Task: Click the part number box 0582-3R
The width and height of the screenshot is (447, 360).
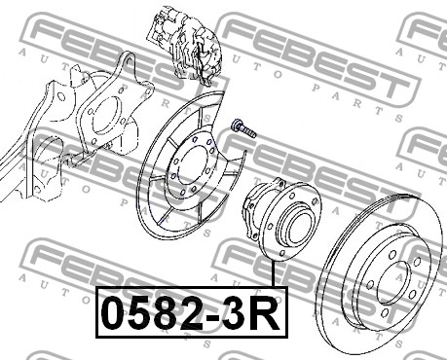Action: click(x=192, y=312)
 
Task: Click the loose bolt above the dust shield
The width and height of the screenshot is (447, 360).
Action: click(x=243, y=128)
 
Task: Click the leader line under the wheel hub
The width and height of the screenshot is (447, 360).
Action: click(x=274, y=273)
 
